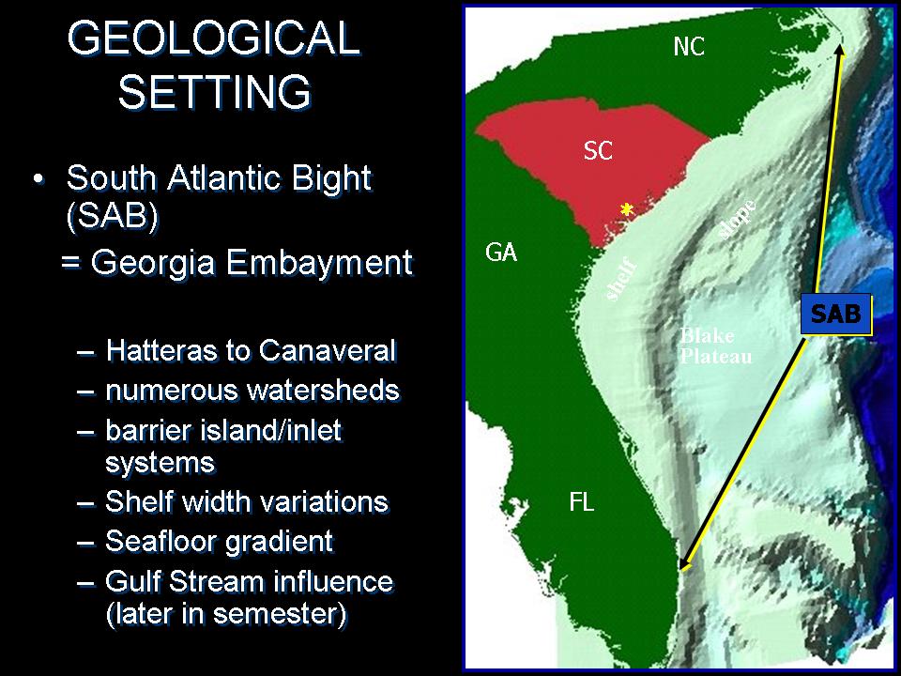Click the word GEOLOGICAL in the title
tap(214, 38)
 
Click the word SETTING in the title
tap(215, 91)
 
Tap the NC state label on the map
tap(689, 47)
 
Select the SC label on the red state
tap(598, 150)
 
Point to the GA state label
tap(501, 253)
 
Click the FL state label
tap(582, 502)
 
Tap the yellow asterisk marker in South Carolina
tap(627, 209)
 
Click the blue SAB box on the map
tap(836, 314)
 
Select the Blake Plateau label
tap(716, 346)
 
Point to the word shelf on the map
tap(621, 280)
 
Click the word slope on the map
tap(738, 219)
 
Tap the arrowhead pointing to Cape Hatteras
tap(840, 51)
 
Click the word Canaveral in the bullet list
tap(328, 350)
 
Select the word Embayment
tap(319, 263)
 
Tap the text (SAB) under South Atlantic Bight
tap(112, 216)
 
